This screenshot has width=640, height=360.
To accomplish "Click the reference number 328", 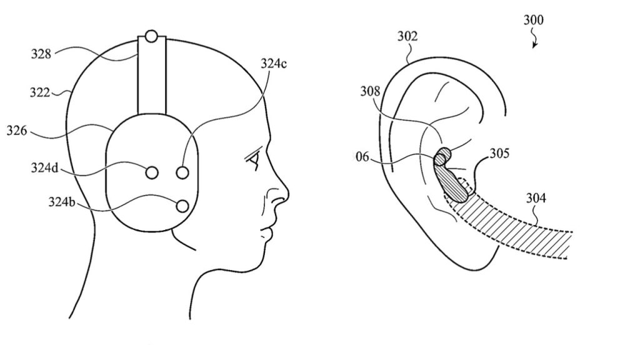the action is tap(41, 54).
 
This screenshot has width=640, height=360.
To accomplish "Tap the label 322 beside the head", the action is tap(40, 92).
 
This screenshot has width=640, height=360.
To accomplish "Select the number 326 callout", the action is tap(17, 131).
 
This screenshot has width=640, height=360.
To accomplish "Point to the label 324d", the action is tap(45, 167).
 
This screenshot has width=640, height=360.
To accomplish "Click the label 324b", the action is tap(62, 202).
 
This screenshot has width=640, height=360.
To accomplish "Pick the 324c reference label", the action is tap(274, 64).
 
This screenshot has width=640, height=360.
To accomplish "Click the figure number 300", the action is tap(534, 20).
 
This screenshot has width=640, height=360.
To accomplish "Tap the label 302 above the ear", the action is tap(407, 36).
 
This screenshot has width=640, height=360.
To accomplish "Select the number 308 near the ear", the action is tap(370, 91).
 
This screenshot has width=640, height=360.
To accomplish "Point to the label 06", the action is tap(362, 157).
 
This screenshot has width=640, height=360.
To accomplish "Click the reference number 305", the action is tap(499, 154).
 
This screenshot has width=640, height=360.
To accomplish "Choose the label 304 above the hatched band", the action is tap(536, 198).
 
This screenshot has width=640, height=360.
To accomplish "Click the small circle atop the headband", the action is tap(151, 36).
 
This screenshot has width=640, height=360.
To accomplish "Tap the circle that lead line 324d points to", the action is tap(151, 172).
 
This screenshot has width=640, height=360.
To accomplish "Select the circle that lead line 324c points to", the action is tap(182, 172).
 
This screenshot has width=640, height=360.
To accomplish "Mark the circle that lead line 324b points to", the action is tap(182, 206).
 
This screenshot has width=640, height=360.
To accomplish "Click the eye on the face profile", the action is tap(254, 159).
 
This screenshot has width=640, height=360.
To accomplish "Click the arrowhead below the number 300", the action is tap(534, 45).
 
